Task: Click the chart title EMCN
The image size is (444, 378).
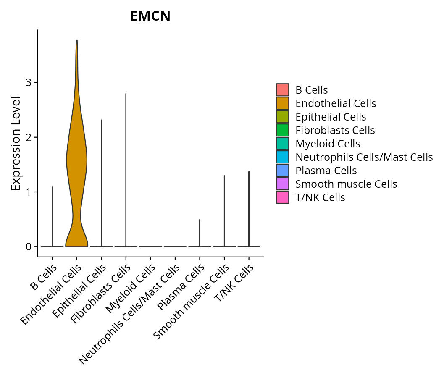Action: pos(150,16)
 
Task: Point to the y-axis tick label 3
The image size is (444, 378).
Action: pos(29,83)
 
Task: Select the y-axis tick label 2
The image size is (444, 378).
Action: pos(29,137)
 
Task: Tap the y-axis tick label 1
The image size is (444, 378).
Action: pos(29,192)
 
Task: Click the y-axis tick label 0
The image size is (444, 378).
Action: pos(29,247)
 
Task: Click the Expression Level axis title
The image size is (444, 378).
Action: pos(16,143)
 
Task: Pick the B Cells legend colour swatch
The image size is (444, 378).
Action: pos(283,90)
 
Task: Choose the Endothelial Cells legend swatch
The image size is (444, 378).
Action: pos(283,103)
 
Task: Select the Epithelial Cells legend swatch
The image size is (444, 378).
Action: pos(283,117)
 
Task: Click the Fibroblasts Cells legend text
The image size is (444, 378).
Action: pos(335,130)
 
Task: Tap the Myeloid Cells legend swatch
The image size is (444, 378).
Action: pos(283,144)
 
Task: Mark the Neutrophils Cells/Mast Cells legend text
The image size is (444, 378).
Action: pos(364,157)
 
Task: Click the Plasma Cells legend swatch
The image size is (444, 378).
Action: pos(283,171)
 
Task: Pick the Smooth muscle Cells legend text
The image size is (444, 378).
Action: pos(346,184)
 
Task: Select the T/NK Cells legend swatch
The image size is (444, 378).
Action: pos(283,197)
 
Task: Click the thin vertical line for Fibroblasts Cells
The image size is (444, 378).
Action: pos(126,168)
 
